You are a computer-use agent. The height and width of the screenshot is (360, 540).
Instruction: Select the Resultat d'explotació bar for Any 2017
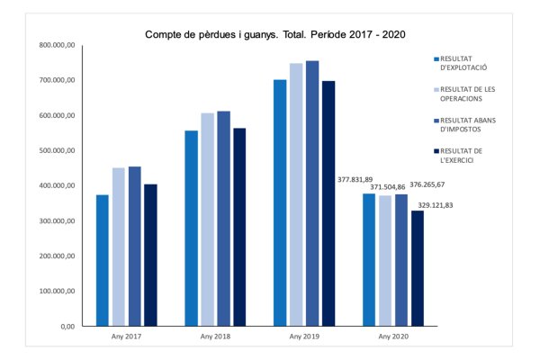(x=103, y=260)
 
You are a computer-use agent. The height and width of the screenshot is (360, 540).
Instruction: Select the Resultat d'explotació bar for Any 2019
(x=280, y=202)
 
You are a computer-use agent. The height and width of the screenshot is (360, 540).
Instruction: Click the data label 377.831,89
(x=355, y=179)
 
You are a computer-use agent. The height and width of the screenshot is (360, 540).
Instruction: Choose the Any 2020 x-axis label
(x=391, y=337)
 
